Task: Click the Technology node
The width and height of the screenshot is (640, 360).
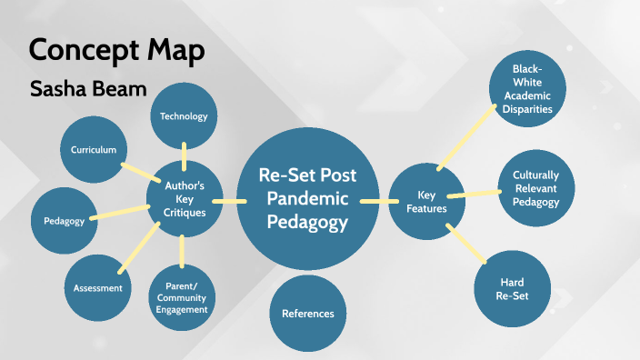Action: point(184,115)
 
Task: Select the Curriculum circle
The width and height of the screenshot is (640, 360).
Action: point(93,150)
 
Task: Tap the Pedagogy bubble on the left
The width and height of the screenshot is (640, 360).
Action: point(64,221)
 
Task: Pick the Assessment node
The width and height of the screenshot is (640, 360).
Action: point(98,288)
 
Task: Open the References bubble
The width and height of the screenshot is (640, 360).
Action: point(307,314)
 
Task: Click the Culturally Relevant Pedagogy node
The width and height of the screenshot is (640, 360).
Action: point(535,188)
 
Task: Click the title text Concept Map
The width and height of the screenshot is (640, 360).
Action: point(116,50)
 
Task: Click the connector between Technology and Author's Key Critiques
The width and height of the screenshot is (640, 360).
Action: point(184,154)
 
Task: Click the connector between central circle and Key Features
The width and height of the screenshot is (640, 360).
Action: point(374,200)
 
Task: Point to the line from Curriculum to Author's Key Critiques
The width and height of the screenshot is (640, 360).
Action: point(136,174)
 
